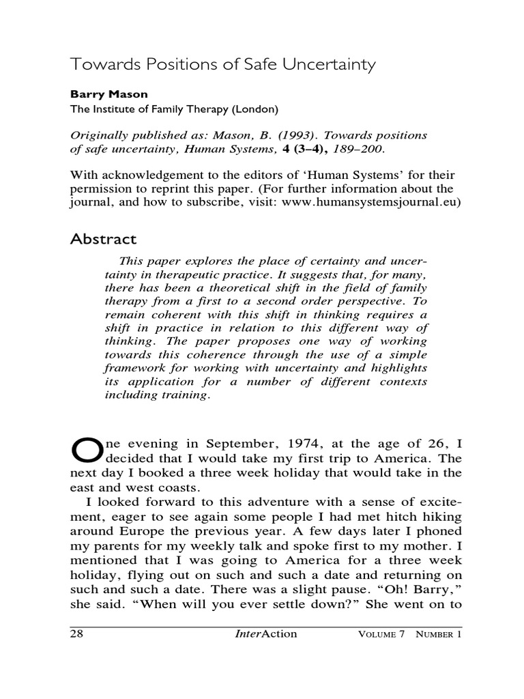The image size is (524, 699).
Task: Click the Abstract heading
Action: (104, 240)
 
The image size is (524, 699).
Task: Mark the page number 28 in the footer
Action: (77, 633)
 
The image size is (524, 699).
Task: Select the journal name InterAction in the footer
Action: (265, 633)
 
